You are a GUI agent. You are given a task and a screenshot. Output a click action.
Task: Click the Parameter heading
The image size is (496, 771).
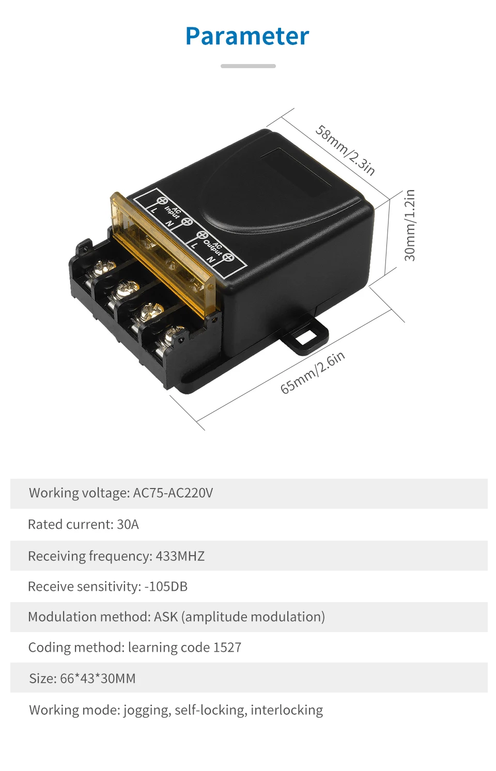click(x=247, y=36)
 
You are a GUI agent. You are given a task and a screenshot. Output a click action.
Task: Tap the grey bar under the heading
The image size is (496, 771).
click(x=248, y=66)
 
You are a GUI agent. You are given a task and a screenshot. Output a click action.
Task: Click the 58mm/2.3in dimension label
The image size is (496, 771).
click(x=345, y=150)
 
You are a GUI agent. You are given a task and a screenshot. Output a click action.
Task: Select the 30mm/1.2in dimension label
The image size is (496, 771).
click(x=410, y=225)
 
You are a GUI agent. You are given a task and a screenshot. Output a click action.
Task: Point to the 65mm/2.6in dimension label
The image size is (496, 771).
click(x=313, y=373)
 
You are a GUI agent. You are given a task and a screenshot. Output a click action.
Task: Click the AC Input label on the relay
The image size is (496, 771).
click(x=173, y=213)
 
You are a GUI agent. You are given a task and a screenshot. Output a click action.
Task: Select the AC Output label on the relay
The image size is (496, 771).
click(x=212, y=246)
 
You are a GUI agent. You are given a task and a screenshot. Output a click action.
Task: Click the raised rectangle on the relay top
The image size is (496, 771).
click(x=295, y=171)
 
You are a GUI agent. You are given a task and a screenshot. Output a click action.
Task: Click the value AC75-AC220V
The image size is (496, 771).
click(x=173, y=493)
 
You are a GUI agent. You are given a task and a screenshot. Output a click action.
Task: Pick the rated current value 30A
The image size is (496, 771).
click(x=128, y=525)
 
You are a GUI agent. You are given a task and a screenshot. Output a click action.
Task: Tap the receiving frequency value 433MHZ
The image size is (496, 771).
click(x=180, y=556)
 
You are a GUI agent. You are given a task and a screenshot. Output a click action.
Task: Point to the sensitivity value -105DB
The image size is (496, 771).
click(x=166, y=587)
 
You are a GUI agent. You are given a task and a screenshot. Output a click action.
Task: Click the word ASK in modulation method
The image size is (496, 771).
click(x=165, y=617)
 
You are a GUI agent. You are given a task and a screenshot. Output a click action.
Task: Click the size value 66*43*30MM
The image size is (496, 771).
click(x=98, y=679)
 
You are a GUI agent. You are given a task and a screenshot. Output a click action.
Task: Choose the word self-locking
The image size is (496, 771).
click(x=209, y=710)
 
